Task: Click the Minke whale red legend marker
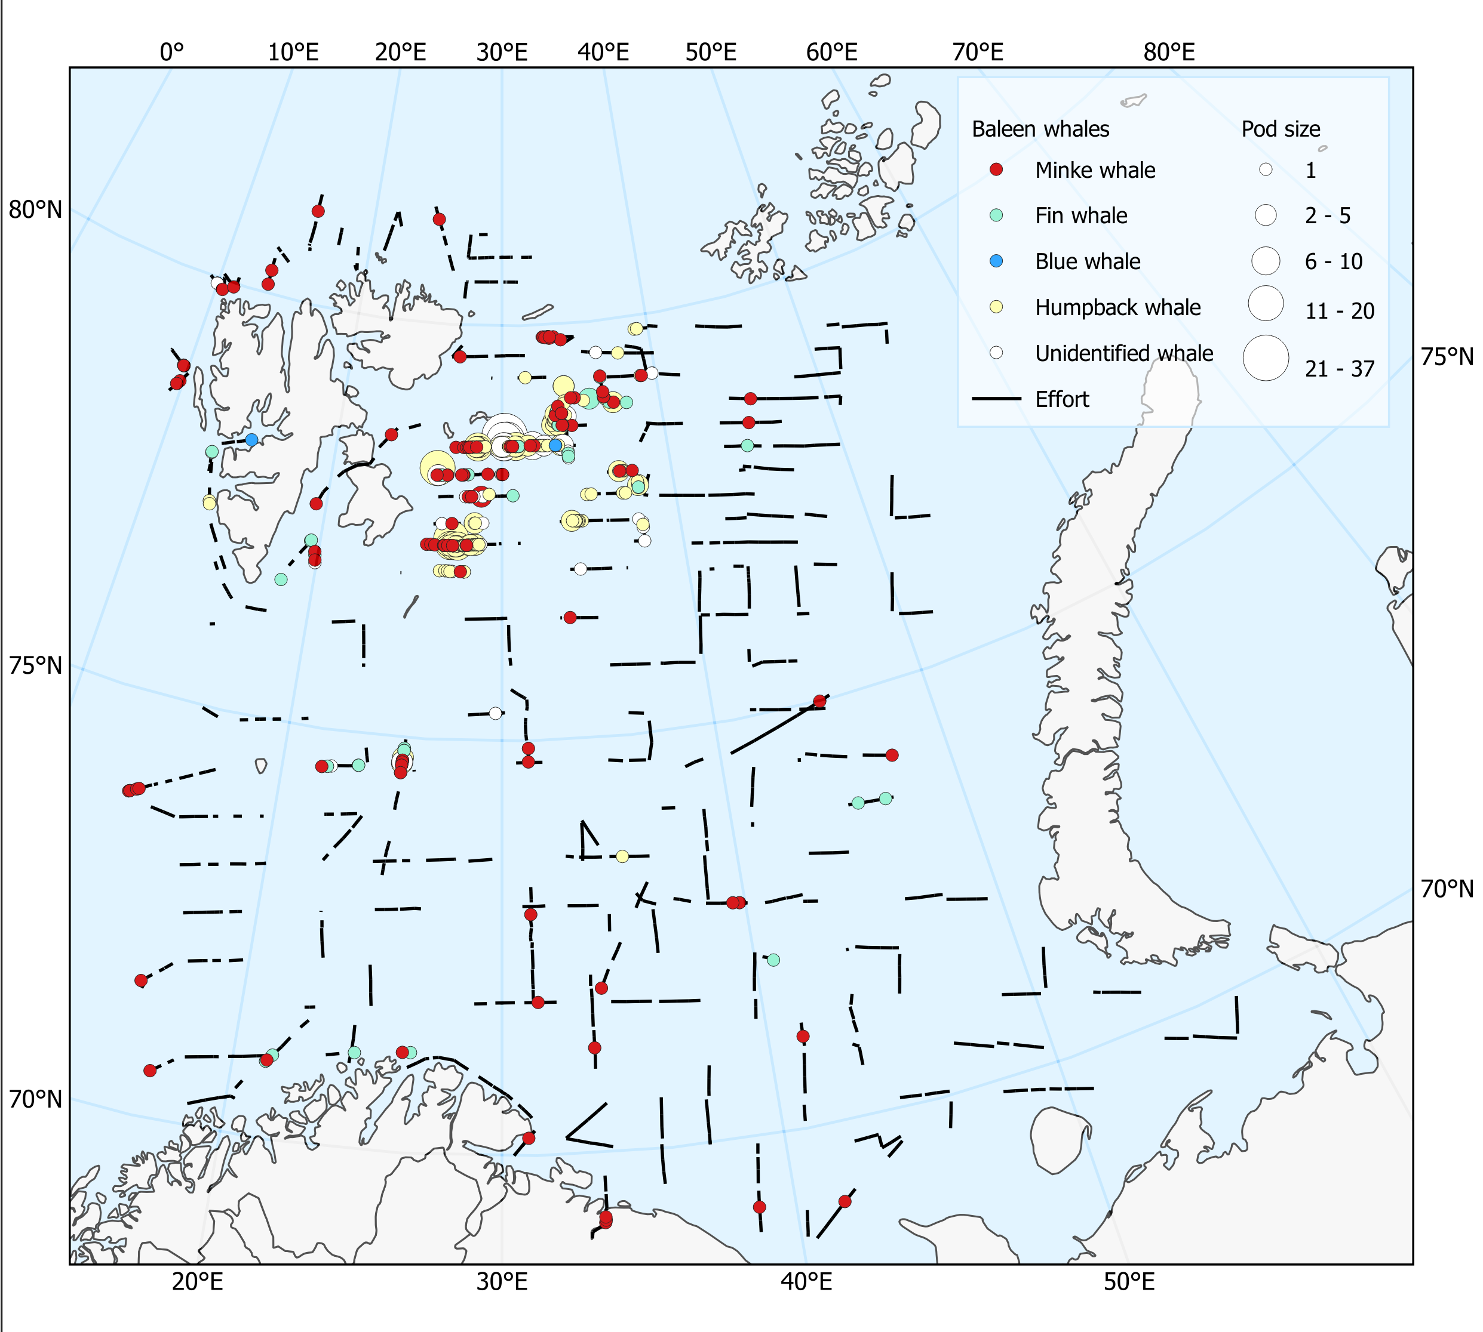(x=996, y=170)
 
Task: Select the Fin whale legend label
(x=1081, y=216)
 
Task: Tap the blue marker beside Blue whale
(x=996, y=261)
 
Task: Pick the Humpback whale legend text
(x=1117, y=307)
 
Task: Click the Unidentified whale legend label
(x=1123, y=353)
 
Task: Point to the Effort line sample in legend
(x=996, y=399)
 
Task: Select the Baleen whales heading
(x=1040, y=129)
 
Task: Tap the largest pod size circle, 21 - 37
(x=1266, y=358)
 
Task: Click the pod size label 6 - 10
(x=1334, y=262)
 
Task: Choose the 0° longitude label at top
(x=172, y=52)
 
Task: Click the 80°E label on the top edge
(x=1169, y=52)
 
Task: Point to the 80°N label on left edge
(x=35, y=210)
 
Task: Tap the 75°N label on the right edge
(x=1447, y=357)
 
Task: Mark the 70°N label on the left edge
(x=35, y=1099)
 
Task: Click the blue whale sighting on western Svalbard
(x=251, y=440)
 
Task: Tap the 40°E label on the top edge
(x=603, y=52)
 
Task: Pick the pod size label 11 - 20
(x=1340, y=311)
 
